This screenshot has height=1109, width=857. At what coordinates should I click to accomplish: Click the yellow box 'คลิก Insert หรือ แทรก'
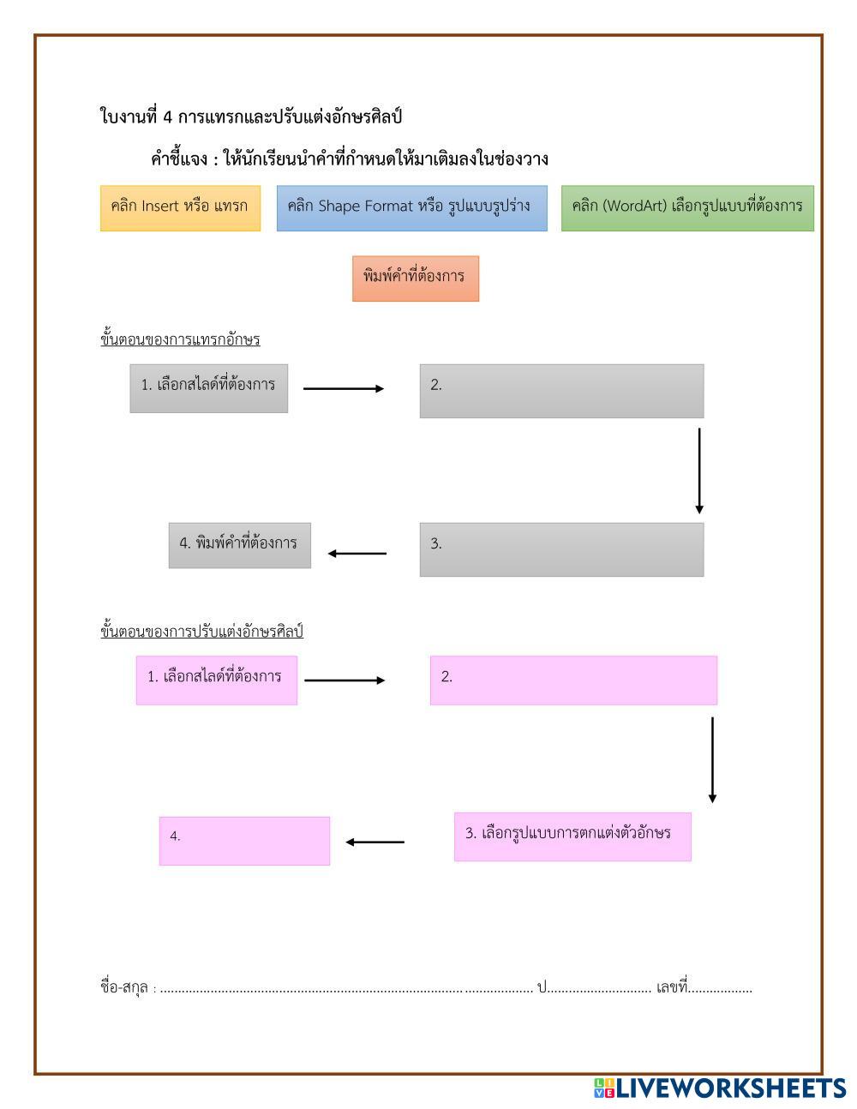point(180,208)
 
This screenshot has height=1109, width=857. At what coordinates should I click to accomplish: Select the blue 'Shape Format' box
point(411,208)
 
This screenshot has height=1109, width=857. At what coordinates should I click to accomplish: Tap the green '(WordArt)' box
point(687,208)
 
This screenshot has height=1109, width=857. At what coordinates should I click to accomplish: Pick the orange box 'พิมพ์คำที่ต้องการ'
point(416,279)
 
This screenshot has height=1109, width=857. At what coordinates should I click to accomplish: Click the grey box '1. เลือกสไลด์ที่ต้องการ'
point(208,388)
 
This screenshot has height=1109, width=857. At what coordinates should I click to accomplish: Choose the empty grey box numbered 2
point(561,391)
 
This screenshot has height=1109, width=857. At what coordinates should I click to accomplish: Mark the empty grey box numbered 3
point(561,549)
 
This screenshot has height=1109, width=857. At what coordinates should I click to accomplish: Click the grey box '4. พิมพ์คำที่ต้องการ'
point(239,545)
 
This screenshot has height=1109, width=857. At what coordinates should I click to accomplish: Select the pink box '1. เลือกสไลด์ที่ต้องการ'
point(216,680)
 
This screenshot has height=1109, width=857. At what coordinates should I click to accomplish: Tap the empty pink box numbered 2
point(573,680)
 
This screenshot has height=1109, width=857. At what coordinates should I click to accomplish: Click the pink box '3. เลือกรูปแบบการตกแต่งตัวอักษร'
point(572,836)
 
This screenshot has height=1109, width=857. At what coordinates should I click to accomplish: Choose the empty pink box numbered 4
point(244,841)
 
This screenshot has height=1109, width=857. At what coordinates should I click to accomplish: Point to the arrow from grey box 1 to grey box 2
point(344,389)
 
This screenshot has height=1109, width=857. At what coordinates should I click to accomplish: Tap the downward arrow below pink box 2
point(712,759)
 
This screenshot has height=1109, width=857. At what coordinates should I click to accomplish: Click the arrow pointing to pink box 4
point(375,842)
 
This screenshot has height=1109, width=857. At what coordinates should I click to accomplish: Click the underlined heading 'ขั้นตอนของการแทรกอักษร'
point(180,339)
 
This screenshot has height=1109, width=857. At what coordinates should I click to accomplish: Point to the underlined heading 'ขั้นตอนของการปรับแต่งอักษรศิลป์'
point(201,632)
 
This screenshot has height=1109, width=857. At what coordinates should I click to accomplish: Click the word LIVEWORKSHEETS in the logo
point(731,1088)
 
